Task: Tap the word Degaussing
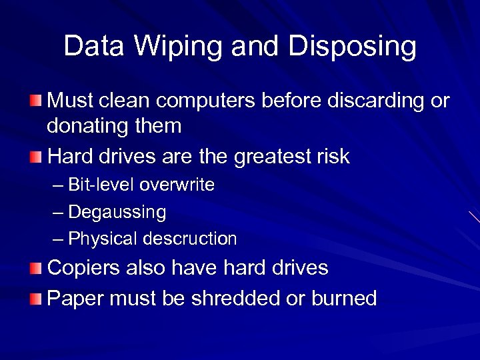tap(117, 212)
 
